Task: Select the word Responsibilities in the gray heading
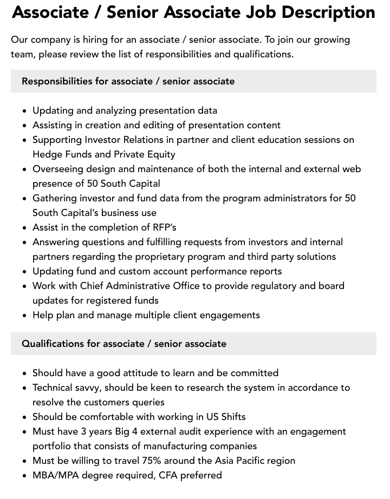(57, 81)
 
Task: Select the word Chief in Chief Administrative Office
(93, 286)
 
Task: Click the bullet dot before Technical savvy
(24, 388)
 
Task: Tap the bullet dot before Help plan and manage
(24, 316)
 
